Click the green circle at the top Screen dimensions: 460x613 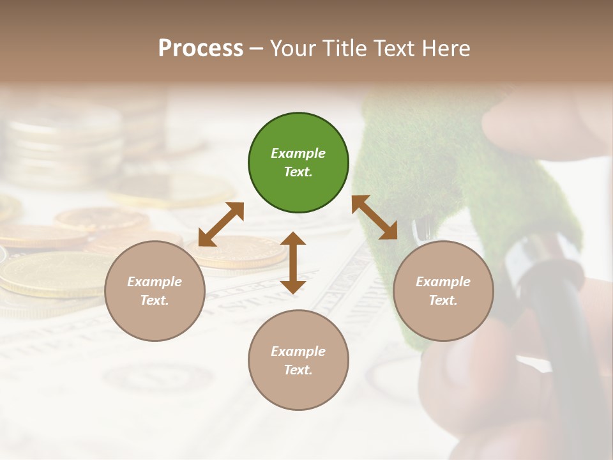tap(298, 163)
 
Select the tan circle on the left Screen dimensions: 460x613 tap(155, 291)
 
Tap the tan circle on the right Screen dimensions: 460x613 tap(443, 291)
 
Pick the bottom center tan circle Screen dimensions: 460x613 tap(298, 360)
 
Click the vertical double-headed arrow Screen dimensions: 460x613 tap(293, 263)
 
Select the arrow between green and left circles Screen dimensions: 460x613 tap(222, 224)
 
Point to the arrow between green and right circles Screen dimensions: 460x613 tap(374, 217)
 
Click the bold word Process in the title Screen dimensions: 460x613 tap(201, 48)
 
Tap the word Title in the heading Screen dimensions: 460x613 tap(344, 48)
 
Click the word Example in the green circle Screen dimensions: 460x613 tap(298, 153)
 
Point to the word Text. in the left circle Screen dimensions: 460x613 tap(155, 300)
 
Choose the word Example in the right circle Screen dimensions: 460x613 tap(443, 281)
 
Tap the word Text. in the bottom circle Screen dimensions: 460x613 tap(298, 370)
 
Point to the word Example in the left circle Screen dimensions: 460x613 tap(155, 281)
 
